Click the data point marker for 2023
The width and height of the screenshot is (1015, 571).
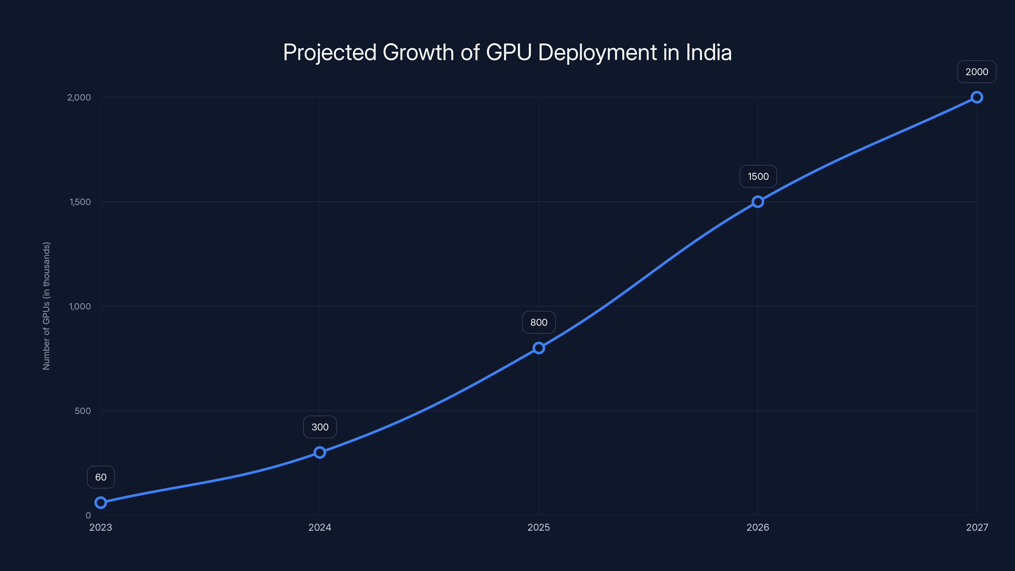tap(101, 502)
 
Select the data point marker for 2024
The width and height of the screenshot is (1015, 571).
tap(319, 452)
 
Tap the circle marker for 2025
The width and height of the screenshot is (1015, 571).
tap(539, 348)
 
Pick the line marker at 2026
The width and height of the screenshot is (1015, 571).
tap(757, 202)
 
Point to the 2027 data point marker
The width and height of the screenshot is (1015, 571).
tap(976, 97)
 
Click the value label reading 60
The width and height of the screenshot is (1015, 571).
tap(101, 477)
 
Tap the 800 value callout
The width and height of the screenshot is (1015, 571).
tap(539, 322)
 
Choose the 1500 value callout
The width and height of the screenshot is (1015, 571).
tap(758, 177)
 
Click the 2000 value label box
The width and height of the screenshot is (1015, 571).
tap(976, 72)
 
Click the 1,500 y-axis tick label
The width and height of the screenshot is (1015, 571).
tap(80, 202)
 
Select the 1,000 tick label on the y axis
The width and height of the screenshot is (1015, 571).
tap(80, 306)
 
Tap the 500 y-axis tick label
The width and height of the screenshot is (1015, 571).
tap(83, 410)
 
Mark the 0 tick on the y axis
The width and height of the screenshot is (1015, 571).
tap(88, 515)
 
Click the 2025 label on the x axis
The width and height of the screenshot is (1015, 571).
tap(539, 527)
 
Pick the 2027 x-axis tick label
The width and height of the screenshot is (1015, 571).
tap(977, 527)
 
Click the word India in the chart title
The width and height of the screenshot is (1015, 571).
tap(709, 52)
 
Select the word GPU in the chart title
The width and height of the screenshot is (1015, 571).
tap(509, 52)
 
